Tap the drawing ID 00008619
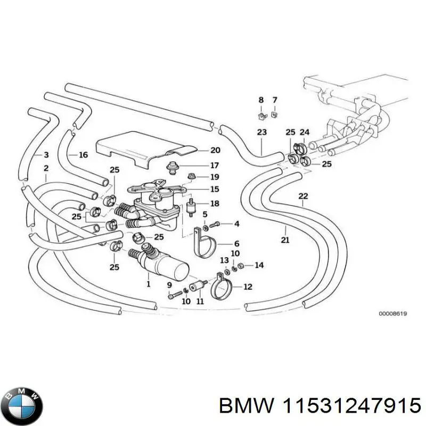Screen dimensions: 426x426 393,314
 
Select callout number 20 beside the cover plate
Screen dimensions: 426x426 200,151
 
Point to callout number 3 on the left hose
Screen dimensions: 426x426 46,155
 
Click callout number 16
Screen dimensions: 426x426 83,155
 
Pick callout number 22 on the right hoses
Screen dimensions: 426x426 303,196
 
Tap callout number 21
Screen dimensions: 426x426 285,240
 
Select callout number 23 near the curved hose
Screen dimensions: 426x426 261,132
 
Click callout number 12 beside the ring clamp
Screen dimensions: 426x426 248,287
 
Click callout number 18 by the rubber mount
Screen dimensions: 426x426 215,203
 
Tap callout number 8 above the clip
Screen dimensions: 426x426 261,100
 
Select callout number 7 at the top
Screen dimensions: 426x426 275,100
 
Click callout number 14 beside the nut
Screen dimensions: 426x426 259,265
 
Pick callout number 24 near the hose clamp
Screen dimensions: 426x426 305,132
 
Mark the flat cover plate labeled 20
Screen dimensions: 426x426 144,145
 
